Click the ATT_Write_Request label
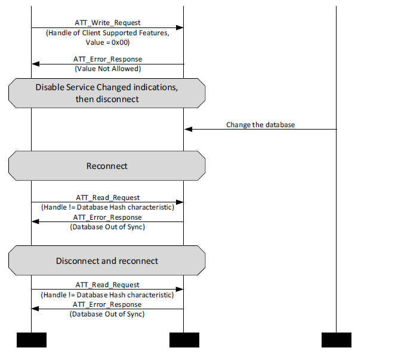(107, 23)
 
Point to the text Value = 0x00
(107, 43)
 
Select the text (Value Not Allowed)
(107, 69)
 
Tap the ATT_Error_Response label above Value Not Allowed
(107, 60)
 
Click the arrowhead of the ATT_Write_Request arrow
(180, 27)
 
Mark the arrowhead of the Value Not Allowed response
(35, 64)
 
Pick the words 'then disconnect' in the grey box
(107, 99)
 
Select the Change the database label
(260, 125)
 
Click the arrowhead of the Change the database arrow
(188, 129)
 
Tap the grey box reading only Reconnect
(107, 166)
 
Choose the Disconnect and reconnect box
(107, 261)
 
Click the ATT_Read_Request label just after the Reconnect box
(107, 198)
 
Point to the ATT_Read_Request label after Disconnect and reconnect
(107, 285)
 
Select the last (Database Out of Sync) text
(107, 313)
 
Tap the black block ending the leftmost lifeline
(31, 340)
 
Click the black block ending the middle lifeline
(184, 340)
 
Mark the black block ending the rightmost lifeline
(336, 340)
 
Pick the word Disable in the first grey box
(49, 87)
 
